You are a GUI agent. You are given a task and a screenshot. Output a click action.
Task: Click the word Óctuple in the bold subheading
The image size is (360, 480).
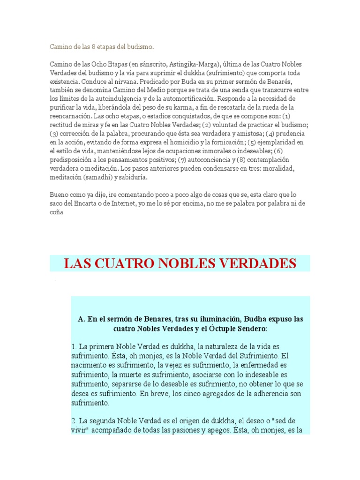pos(221,329)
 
